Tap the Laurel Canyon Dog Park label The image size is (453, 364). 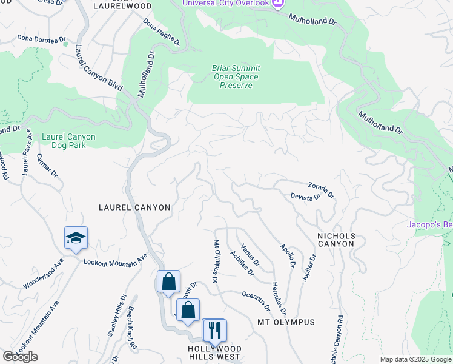click(68, 141)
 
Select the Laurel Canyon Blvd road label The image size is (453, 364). click(99, 68)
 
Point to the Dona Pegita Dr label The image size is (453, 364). click(162, 32)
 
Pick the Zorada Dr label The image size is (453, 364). click(321, 190)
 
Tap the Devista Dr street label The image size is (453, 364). click(305, 197)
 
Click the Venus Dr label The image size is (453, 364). click(250, 254)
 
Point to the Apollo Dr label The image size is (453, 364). click(288, 256)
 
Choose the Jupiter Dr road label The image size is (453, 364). click(309, 267)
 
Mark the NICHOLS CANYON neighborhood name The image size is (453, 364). click(336, 240)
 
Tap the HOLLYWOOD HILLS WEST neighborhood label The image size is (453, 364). click(214, 352)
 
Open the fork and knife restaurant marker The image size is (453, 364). click(214, 330)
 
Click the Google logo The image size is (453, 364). click(20, 357)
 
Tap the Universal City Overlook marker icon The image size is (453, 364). click(278, 4)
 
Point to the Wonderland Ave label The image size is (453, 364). click(44, 274)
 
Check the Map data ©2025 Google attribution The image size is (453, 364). click(416, 359)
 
